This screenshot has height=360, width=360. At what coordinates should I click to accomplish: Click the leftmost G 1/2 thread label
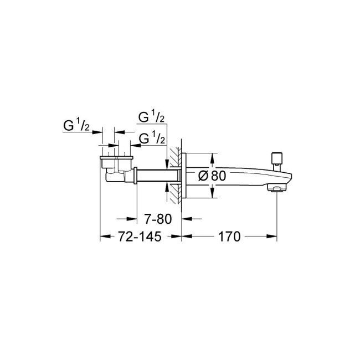[76, 126]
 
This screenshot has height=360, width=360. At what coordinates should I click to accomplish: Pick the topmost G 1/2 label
[151, 117]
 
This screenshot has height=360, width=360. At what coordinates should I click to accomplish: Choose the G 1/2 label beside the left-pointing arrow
[152, 138]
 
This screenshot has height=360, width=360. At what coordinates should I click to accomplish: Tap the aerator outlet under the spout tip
[275, 189]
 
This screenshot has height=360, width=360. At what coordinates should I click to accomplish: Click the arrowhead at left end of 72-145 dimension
[104, 237]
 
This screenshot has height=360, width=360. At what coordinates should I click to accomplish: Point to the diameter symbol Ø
[203, 176]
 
